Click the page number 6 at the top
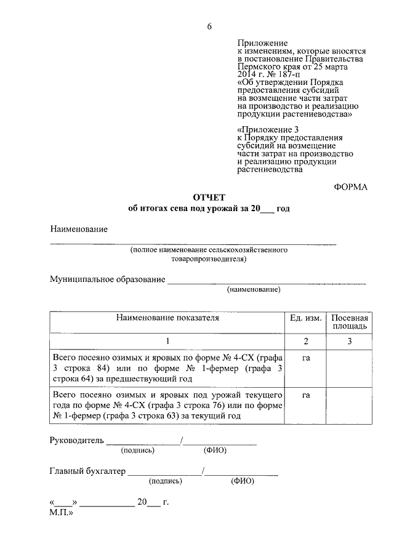coord(209,26)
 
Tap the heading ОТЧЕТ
coord(209,197)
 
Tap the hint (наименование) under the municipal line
coord(254,289)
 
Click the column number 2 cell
coord(306,341)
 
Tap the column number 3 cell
coord(349,341)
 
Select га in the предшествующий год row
coord(306,358)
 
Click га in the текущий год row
coord(306,395)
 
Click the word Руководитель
coord(77,440)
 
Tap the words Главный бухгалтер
coord(87,471)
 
